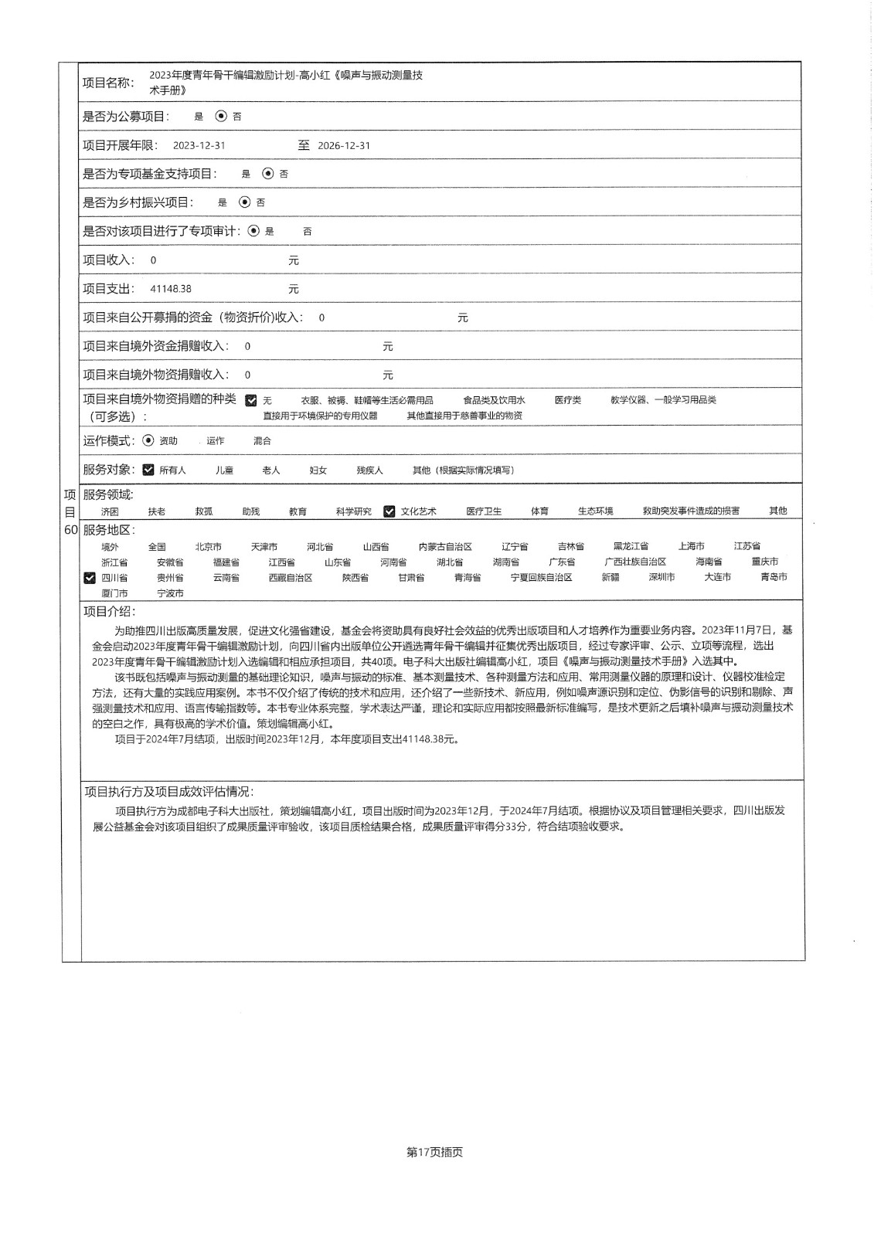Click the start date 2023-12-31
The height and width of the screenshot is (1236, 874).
[199, 145]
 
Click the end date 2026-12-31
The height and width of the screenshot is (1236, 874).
[344, 145]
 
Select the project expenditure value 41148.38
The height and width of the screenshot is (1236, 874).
[171, 289]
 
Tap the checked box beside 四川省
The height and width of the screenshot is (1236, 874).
[90, 578]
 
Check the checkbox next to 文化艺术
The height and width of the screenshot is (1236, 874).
[389, 511]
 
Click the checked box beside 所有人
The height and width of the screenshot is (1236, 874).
[148, 470]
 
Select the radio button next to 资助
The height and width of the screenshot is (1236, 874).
[148, 440]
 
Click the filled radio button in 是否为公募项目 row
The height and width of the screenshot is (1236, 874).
[221, 116]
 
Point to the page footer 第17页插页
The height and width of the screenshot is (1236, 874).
[434, 1152]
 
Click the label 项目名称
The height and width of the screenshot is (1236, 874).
[107, 83]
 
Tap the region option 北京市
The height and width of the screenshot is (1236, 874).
[208, 546]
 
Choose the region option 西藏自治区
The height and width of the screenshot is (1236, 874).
[290, 578]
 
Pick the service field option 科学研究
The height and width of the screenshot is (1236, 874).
[353, 511]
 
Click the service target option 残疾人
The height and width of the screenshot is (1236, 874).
[369, 470]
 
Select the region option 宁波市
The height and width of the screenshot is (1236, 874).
[170, 593]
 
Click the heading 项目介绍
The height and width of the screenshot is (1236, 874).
[109, 611]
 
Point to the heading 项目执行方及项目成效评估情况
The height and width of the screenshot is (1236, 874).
[168, 792]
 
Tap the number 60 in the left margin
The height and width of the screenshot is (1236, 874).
[70, 530]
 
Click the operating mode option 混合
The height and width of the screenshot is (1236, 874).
[262, 440]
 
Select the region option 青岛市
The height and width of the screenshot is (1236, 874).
[774, 577]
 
